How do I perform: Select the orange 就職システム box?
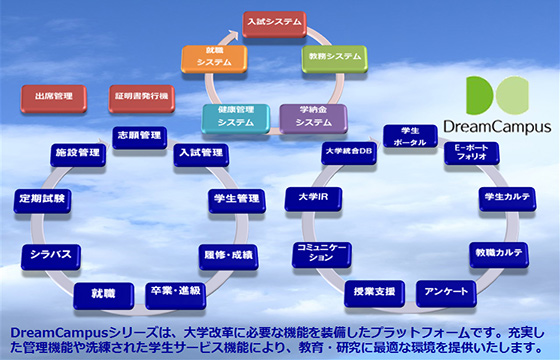point(214,58)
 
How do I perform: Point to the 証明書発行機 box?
point(140,98)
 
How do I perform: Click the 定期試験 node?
point(42,199)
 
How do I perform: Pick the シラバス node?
point(51,254)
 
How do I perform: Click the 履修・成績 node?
point(229,254)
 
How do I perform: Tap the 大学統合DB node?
point(348,152)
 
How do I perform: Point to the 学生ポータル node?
point(410,137)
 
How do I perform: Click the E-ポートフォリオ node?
point(472,152)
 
